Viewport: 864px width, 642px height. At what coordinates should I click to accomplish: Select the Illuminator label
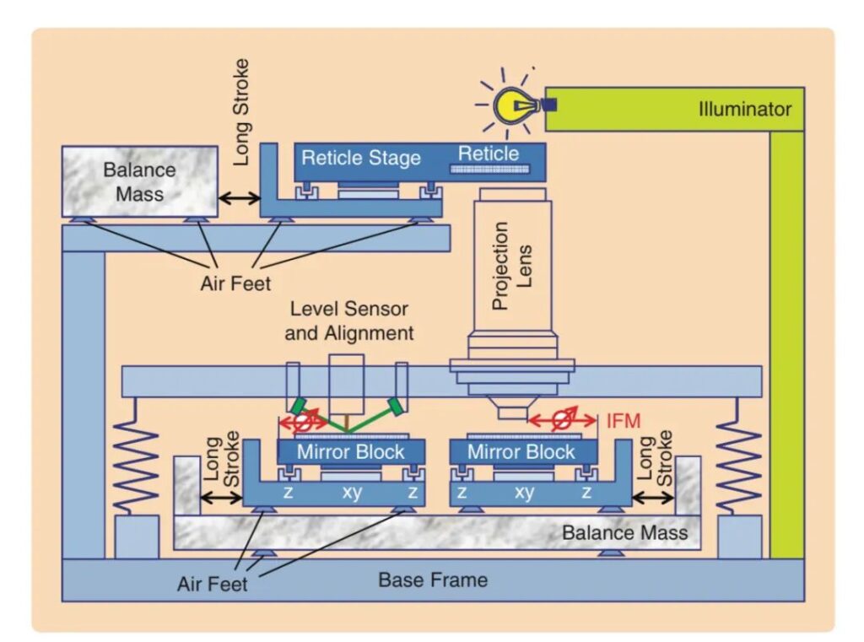745,109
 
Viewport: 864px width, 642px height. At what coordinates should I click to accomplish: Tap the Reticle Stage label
360,157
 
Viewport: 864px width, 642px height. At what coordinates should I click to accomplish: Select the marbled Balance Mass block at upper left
139,181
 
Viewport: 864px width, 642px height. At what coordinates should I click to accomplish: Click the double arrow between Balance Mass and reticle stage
239,198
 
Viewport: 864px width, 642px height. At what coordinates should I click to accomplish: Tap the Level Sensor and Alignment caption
349,321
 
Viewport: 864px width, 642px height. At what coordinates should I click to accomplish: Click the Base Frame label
432,580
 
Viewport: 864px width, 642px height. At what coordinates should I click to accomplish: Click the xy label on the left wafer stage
352,492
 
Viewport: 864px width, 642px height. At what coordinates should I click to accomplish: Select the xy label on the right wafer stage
523,492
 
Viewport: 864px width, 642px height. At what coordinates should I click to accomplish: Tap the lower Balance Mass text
624,532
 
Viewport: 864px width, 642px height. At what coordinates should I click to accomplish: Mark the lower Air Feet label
213,583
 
